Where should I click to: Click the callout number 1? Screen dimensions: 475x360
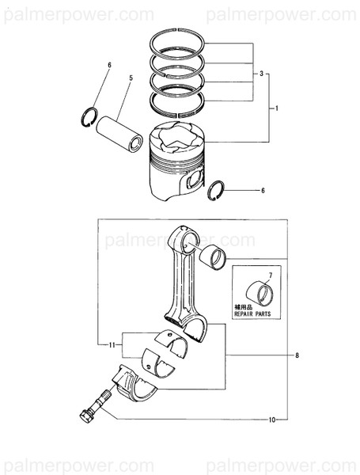coord(276,107)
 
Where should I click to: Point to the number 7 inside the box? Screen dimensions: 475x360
coord(268,275)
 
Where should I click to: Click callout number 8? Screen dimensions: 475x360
coord(297,356)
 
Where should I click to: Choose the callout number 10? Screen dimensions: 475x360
coord(271,419)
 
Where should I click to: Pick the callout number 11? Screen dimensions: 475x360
coord(114,344)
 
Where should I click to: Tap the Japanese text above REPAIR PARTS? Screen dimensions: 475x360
coord(246,306)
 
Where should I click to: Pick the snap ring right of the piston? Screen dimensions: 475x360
coord(216,190)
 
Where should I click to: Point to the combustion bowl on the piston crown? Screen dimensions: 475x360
coord(180,141)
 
